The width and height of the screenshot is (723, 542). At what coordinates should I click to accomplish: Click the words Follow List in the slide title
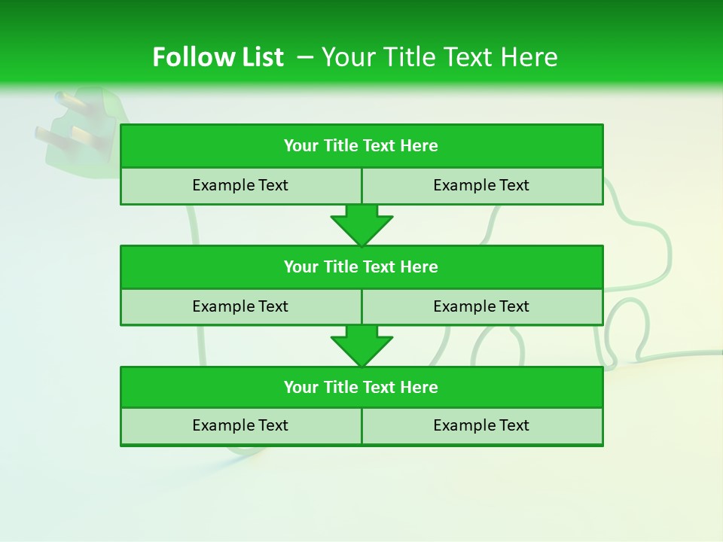pos(218,57)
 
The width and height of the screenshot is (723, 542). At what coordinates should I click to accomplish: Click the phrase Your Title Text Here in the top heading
pos(440,57)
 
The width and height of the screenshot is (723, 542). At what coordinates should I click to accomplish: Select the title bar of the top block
pos(361,146)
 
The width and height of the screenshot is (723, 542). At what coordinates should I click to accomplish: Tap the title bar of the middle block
pos(361,266)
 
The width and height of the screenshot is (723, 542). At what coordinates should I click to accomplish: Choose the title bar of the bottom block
pos(361,387)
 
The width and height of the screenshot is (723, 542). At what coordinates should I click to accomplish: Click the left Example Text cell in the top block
pos(240,185)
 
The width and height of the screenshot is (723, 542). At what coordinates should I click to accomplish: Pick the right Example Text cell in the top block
pos(481,185)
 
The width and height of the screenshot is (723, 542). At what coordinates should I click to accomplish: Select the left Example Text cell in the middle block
pos(240,306)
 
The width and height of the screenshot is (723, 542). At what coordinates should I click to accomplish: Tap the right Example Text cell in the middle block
pos(481,306)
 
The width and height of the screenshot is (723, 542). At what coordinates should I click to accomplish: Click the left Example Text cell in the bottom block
pos(240,425)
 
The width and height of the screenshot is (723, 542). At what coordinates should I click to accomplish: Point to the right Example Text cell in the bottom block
pos(481,425)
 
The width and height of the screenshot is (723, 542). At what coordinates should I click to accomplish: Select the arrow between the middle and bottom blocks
pos(361,346)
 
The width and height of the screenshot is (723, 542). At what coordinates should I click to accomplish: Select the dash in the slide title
pos(305,57)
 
